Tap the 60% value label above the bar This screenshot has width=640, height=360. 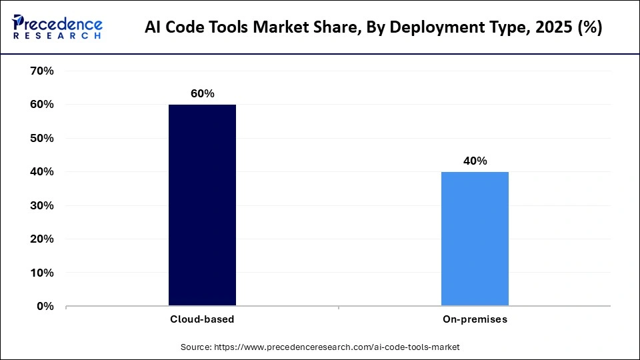click(202, 94)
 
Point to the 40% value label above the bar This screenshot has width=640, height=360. click(475, 161)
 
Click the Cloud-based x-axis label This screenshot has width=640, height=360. click(201, 319)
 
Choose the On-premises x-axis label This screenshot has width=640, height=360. click(475, 319)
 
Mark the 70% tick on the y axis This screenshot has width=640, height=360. click(41, 71)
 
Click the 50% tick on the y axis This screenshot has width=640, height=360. click(41, 139)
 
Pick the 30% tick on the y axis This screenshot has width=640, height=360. click(41, 206)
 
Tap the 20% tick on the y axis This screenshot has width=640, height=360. click(41, 239)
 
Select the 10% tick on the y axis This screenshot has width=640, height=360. click(41, 273)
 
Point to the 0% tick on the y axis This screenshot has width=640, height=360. click(44, 307)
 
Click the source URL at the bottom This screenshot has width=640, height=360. click(336, 347)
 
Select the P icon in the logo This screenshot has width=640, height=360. click(19, 25)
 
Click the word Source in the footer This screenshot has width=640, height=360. click(195, 347)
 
